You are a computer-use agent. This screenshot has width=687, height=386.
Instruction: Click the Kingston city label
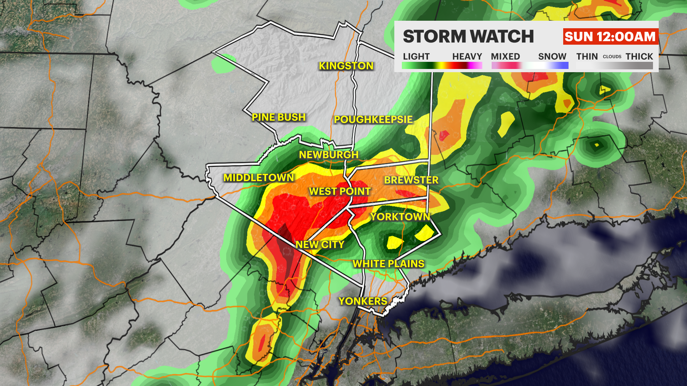(346, 66)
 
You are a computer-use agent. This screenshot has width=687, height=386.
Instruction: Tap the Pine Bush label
(279, 117)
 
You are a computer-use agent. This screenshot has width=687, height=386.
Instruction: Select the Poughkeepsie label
(373, 119)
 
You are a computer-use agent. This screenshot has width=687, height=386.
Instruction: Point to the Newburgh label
(329, 155)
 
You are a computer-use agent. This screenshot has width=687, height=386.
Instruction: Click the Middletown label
(259, 178)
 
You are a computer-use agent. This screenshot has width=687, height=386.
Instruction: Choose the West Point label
(340, 192)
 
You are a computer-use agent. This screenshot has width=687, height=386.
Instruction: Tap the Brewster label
(411, 180)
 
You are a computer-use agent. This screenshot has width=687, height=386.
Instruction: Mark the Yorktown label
(400, 217)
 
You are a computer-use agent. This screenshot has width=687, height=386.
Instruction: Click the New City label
(320, 244)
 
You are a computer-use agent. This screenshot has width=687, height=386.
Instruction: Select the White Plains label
(389, 264)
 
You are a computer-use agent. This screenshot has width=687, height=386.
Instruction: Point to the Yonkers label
(363, 301)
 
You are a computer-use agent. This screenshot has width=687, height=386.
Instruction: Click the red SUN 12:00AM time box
(610, 36)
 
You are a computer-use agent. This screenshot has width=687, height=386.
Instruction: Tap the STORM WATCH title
(468, 36)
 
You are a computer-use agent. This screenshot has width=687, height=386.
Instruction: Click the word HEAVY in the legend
(467, 56)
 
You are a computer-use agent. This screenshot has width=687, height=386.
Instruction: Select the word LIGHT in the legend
(416, 56)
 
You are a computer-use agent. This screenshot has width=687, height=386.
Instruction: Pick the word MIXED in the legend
(505, 56)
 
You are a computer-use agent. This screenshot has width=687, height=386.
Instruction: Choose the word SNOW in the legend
(552, 56)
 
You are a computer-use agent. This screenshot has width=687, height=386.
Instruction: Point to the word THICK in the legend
(639, 56)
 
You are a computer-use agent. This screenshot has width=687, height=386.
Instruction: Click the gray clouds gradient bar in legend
(614, 66)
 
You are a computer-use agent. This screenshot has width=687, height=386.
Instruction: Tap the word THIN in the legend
(587, 56)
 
